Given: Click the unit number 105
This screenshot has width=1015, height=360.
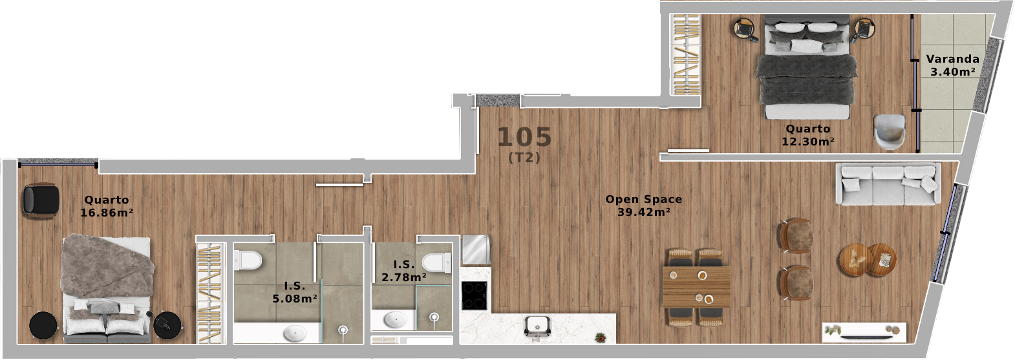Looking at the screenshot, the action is coord(525,137).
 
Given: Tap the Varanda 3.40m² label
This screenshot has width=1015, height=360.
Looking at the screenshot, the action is coord(952,65).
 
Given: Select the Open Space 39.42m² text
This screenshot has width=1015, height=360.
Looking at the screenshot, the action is coord(643,206).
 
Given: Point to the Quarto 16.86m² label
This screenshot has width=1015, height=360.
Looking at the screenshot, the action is coord(107,206).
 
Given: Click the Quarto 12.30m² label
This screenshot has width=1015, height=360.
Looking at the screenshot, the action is coord(808,135).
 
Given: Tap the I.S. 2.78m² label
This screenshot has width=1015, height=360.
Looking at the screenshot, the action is coord(403,271).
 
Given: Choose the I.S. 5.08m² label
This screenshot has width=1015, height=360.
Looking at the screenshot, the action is coord(295,292).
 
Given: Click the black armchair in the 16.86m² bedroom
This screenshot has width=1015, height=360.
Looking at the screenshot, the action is coord(40,200).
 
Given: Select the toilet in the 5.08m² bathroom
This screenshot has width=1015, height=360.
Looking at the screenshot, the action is coord(248,261).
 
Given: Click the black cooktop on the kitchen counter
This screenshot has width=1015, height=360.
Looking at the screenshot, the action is coord(475,295).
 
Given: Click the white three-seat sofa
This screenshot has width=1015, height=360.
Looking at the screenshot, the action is coord(888,184).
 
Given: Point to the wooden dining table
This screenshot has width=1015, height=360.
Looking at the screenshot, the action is coord(696,286).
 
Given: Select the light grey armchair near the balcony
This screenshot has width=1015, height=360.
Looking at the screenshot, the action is coord(890,131).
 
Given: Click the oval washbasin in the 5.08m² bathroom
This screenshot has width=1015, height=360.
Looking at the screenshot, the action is coord(295,334).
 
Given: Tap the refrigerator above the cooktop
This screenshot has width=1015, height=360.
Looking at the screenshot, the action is coord(475,249).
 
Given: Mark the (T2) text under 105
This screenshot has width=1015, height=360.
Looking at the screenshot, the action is coord(524,158).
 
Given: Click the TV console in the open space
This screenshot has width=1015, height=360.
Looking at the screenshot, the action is coord(864,332).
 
